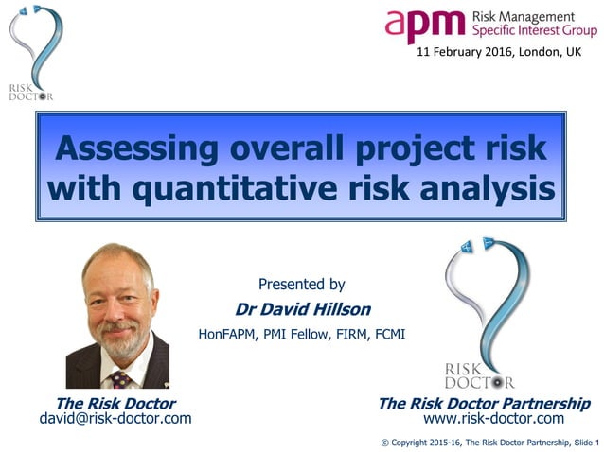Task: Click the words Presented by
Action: [x=301, y=284]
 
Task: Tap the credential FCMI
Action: [x=386, y=334]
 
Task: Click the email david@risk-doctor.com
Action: [x=115, y=418]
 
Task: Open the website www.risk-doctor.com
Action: [x=493, y=418]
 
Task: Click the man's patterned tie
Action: [x=120, y=378]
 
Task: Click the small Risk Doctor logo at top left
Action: [x=32, y=53]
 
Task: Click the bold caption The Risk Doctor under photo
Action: [x=115, y=403]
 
